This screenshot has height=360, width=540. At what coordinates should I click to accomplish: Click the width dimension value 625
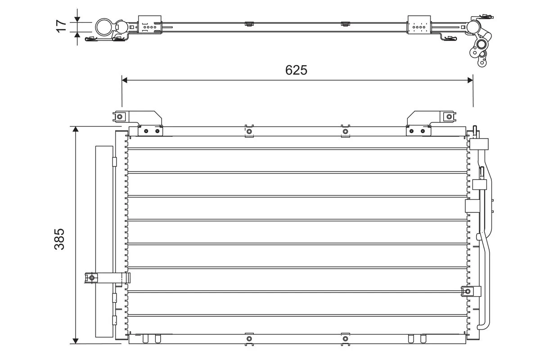pos(296,70)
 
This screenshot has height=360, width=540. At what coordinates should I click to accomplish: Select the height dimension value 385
pos(60,238)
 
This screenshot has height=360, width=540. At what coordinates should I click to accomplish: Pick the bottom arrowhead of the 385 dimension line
pos(76,340)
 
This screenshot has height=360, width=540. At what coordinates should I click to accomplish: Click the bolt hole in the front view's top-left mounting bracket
pos(119,117)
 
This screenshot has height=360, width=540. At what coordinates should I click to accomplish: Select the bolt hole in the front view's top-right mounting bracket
pos(448,117)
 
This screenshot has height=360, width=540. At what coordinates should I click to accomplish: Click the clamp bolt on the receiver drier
pos(92,278)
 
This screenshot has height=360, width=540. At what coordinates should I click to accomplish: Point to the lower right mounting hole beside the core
pos(468,292)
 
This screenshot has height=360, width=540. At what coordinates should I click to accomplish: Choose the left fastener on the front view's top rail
pos(248,131)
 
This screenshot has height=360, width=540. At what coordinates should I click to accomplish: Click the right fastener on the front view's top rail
pos(345,131)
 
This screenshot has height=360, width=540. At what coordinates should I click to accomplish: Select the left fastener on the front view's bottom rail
pos(248,338)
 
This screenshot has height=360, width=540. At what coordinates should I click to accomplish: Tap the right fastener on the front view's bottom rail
pos(345,338)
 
